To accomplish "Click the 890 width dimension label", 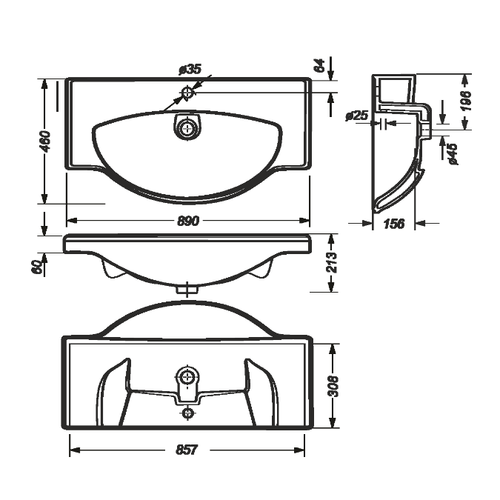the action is (188, 221).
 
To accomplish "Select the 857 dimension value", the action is (187, 450).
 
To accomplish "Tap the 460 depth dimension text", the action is (46, 141).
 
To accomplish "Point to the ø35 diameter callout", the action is (190, 69).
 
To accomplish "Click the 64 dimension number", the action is (319, 65).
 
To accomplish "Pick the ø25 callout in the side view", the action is (357, 116).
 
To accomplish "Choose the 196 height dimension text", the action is (466, 101).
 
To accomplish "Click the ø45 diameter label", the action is (453, 153).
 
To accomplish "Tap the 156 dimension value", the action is (394, 224).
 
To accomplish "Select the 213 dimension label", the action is (332, 262).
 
